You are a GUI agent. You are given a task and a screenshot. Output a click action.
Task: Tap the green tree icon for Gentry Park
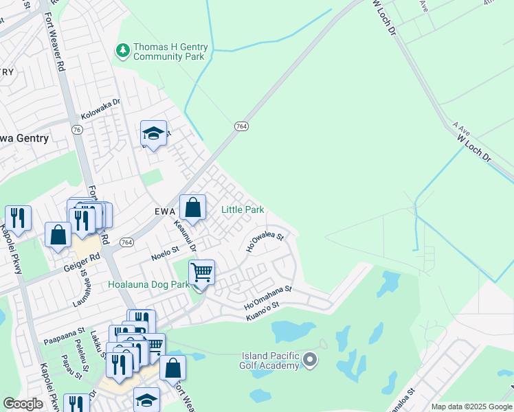(123, 49)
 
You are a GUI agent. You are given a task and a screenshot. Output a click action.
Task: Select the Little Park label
(243, 209)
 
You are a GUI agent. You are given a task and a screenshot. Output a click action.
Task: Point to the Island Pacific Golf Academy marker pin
(310, 359)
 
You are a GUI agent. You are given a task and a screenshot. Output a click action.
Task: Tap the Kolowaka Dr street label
(100, 105)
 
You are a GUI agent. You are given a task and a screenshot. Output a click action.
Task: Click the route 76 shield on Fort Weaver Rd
(76, 129)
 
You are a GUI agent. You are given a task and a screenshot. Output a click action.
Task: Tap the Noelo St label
(165, 253)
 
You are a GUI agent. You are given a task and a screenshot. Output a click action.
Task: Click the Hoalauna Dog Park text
(148, 284)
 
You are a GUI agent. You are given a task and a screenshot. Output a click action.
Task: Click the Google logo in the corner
(23, 404)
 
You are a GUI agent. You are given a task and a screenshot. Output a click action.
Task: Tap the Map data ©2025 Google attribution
(471, 407)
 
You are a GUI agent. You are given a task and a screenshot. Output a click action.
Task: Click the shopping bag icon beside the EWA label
(193, 207)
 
